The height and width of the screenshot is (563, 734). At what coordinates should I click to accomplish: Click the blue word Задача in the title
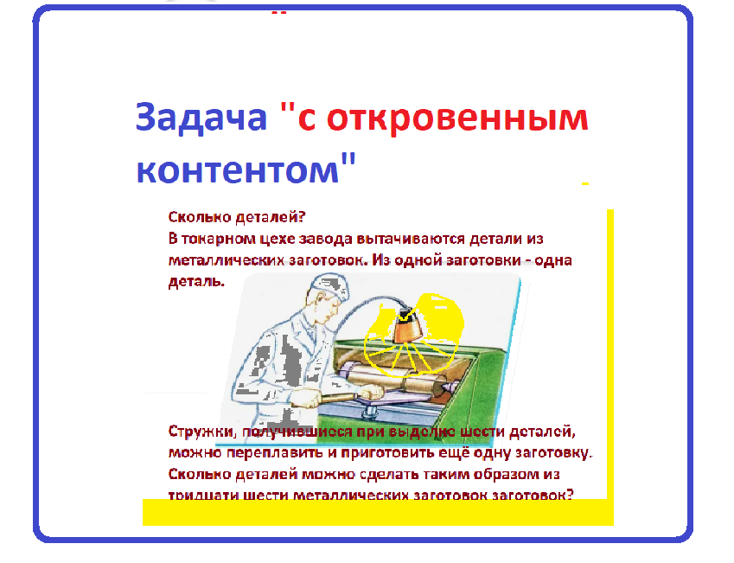point(201,118)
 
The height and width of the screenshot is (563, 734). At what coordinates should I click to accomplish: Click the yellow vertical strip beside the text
point(610,346)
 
